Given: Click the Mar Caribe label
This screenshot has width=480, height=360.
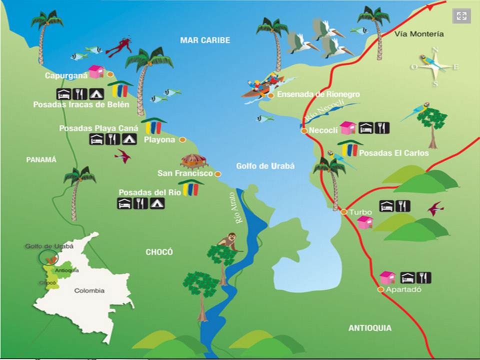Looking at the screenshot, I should tap(205, 40).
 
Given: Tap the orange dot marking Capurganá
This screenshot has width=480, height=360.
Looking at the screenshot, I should tap(110, 74).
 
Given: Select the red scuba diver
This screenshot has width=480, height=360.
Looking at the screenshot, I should tap(119, 46).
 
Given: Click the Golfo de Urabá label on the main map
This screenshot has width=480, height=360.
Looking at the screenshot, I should tap(265, 166).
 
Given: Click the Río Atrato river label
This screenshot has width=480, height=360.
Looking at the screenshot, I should tap(233, 207).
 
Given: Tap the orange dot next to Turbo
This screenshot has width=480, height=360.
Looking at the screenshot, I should tap(344, 211).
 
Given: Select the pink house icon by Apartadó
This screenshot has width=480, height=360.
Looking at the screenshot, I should tap(387, 277).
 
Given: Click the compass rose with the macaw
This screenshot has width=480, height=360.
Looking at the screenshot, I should tap(433, 65).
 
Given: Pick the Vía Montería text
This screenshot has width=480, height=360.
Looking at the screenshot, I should tap(418, 33).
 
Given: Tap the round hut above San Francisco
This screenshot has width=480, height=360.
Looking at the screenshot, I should tap(193, 161).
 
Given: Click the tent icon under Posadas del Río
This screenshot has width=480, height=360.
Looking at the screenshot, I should tap(157, 203).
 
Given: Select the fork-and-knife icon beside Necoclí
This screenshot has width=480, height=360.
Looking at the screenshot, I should tap(382, 127).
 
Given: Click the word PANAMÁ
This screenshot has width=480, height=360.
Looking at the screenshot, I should tap(41, 159).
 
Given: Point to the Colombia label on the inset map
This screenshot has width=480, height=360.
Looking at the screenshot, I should tap(89, 290).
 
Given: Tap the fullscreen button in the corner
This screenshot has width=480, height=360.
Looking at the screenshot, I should tap(461, 16).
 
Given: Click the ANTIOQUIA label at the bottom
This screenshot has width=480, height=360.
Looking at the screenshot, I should tap(369, 328).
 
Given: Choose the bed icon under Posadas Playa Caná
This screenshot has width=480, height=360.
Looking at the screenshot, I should tap(96, 139).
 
